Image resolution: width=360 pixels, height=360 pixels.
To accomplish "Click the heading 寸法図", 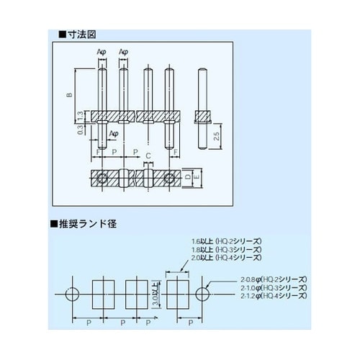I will tap(81, 34).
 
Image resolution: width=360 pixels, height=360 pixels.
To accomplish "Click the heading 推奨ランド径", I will tap(90, 224).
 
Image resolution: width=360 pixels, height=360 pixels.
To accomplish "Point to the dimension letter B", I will tap(70, 94).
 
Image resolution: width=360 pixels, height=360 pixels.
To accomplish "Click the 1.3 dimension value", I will tap(80, 116).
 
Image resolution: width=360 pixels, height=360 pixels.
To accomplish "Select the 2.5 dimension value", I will tap(216, 135).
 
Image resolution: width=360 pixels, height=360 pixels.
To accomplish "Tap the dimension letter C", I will tap(148, 156).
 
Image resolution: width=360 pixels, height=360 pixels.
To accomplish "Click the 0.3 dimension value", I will tap(80, 130).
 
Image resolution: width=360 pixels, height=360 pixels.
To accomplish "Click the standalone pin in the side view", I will tap(203, 108).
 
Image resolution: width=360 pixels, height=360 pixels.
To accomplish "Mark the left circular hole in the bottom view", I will tap(102, 178).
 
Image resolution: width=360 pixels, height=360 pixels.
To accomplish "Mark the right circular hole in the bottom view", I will tap(170, 178).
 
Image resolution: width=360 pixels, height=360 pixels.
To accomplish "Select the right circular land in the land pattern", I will tap(202, 294).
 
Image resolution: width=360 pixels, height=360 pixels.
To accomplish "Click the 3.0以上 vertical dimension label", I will tap(157, 294).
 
